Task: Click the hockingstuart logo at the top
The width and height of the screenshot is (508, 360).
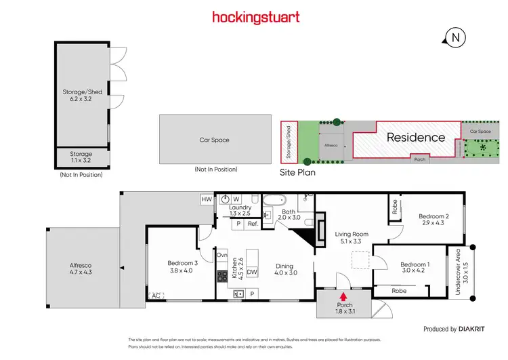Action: pyautogui.click(x=255, y=17)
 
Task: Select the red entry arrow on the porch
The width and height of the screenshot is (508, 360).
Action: pyautogui.click(x=343, y=296)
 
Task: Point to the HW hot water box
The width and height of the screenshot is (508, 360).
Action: pyautogui.click(x=207, y=199)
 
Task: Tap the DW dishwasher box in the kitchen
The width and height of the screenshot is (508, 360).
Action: pyautogui.click(x=251, y=272)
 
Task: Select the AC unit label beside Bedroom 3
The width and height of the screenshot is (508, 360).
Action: pyautogui.click(x=156, y=296)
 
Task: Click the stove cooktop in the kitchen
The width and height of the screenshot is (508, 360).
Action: pyautogui.click(x=222, y=277)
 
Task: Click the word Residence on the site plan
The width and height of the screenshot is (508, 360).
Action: pyautogui.click(x=416, y=138)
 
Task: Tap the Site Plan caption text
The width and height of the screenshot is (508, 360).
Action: pyautogui.click(x=297, y=173)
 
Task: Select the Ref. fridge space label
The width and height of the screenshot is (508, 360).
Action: pyautogui.click(x=253, y=224)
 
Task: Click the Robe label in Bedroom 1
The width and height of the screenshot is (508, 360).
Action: pyautogui.click(x=400, y=290)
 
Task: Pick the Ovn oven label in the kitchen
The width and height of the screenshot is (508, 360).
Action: pyautogui.click(x=221, y=255)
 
